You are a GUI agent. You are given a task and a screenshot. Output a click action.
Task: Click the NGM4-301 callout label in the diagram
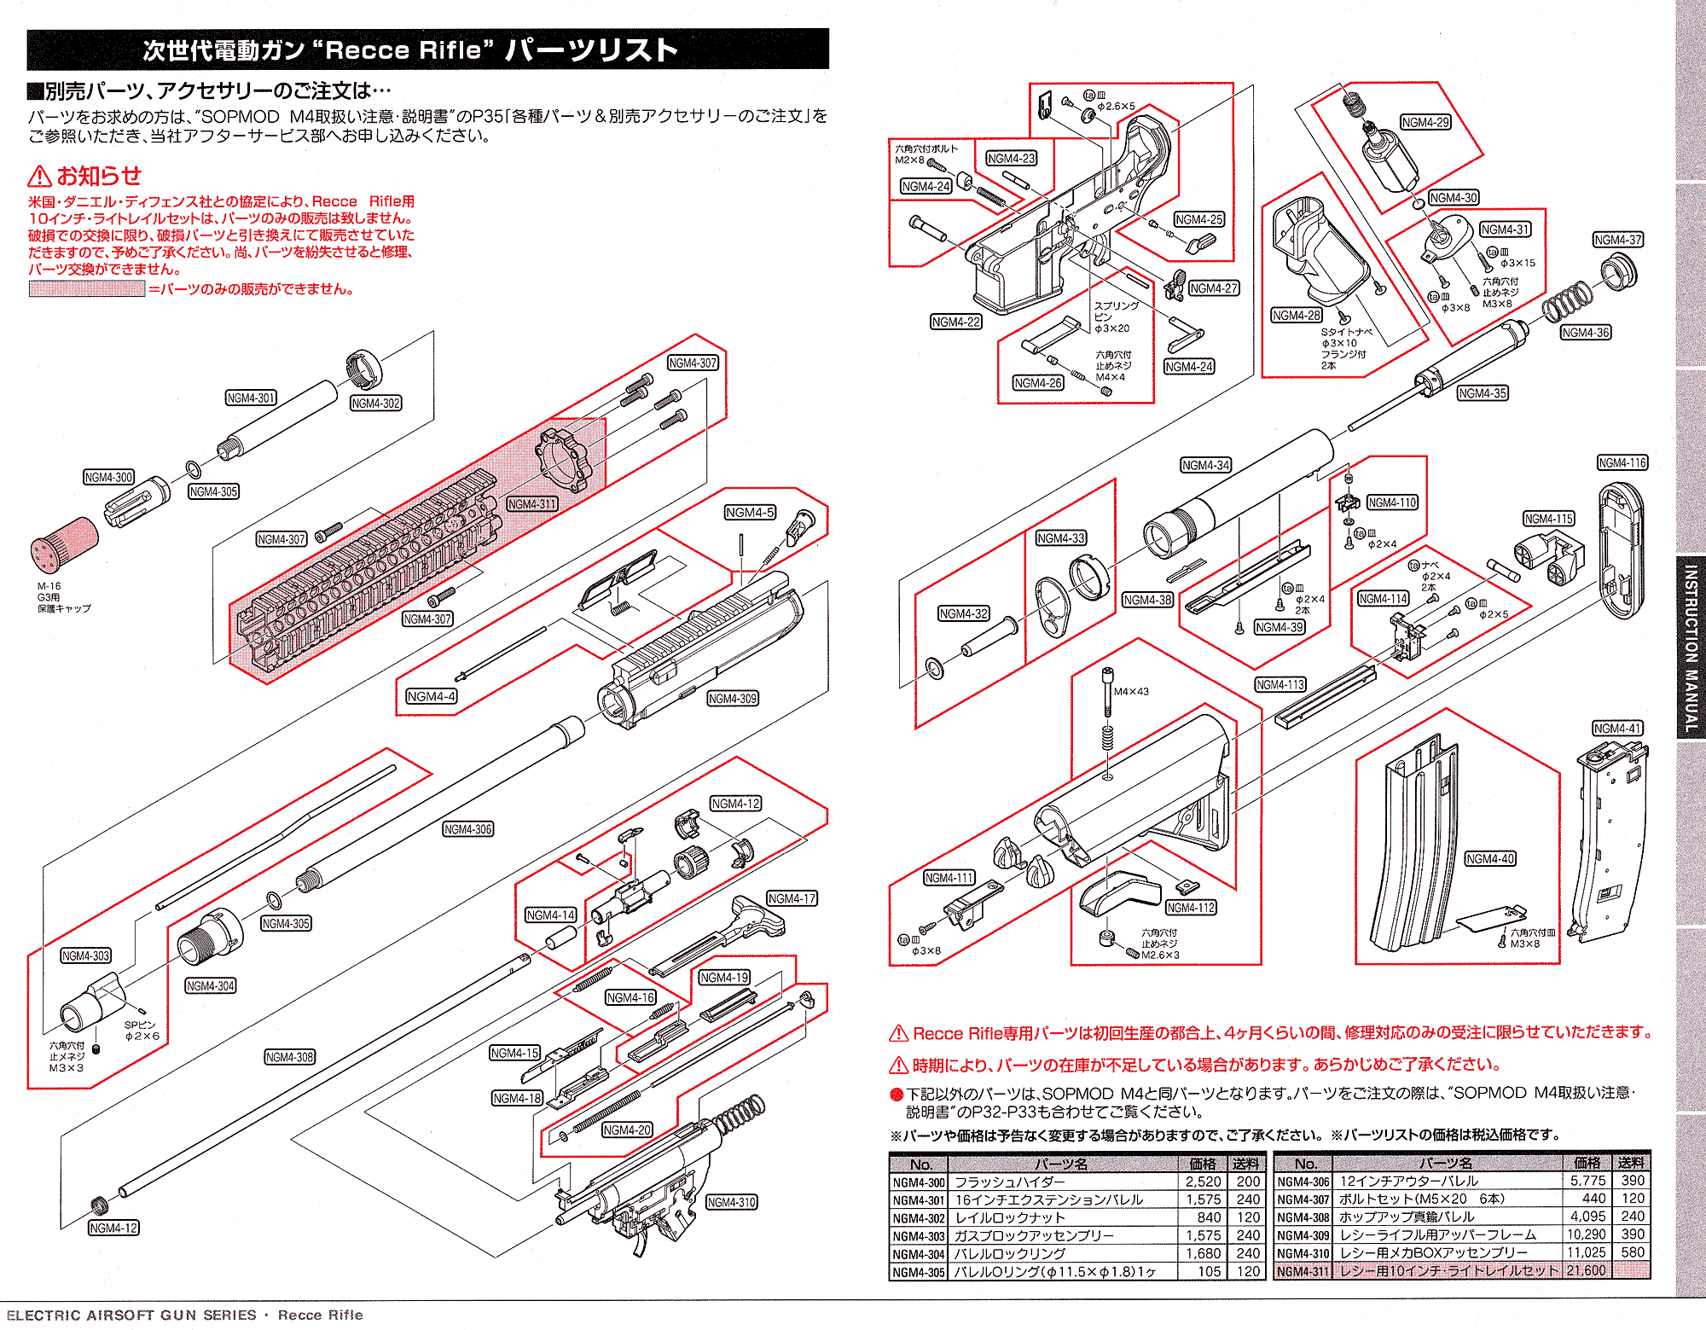coord(251,398)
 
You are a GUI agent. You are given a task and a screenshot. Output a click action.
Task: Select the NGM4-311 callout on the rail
coord(531,504)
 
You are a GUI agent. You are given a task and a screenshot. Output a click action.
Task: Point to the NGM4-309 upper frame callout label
coord(733,699)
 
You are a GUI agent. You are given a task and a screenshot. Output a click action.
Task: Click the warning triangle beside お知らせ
coord(39,177)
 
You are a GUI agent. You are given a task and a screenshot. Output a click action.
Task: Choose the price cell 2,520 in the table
coord(1203,1182)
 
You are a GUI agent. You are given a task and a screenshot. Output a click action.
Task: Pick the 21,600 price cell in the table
coord(1586,1270)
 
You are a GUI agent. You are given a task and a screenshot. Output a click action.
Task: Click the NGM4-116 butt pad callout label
coord(1622,463)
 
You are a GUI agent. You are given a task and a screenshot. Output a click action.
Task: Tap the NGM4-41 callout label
coord(1617,729)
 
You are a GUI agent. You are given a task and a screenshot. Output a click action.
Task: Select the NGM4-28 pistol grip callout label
coord(1297,316)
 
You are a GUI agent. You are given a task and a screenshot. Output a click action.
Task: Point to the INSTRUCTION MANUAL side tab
coord(1691,648)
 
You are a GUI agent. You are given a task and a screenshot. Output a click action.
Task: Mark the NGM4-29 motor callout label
coord(1425,123)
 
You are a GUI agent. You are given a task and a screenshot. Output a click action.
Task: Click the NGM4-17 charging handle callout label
coord(792,899)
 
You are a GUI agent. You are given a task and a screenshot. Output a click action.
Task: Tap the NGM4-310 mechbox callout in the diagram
coord(732,1203)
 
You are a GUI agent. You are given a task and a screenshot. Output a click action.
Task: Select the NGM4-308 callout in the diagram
coord(290,1057)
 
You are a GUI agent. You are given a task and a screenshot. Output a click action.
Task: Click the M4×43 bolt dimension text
coord(1131,692)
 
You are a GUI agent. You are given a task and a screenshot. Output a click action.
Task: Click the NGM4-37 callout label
coord(1617,241)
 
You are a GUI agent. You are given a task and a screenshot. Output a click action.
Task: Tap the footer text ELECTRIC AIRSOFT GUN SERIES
coord(131,1315)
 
